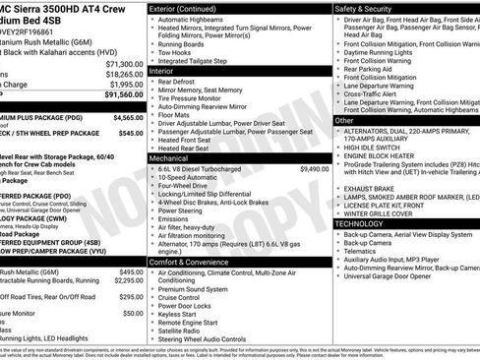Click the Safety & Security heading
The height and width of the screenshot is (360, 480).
[x=368, y=8]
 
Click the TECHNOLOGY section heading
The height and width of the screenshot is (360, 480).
[x=366, y=223]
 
